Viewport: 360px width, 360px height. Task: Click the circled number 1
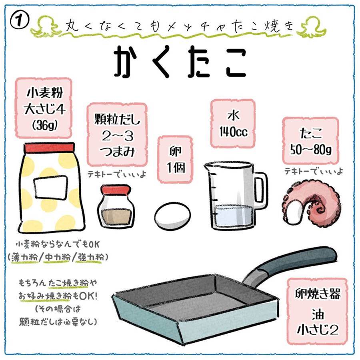coord(19,21)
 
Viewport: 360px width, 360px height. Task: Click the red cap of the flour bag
coord(50,148)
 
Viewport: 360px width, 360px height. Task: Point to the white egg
coord(172,215)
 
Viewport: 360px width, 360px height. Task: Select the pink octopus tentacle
coord(312,202)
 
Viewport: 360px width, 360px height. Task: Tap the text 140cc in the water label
coord(234,132)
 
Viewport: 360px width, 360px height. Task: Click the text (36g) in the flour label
coord(45,125)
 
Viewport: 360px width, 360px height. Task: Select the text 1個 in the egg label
coord(176,167)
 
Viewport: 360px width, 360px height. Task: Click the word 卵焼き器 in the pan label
coord(318,294)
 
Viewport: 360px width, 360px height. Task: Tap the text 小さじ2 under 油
coord(318,330)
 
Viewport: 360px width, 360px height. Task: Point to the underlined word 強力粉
coord(90,257)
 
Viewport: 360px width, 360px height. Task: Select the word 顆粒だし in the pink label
coord(117,119)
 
